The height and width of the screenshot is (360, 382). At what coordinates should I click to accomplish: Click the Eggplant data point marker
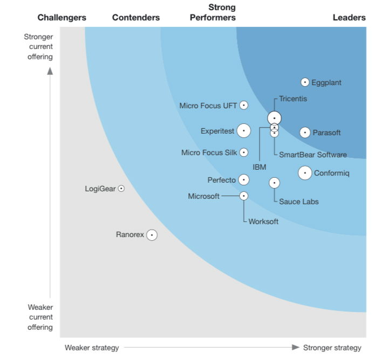click(x=305, y=82)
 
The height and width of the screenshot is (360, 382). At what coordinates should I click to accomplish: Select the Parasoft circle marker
click(x=305, y=133)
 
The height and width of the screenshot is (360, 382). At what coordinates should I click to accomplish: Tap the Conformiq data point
click(x=305, y=173)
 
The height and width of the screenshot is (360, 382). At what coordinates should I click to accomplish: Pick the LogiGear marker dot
click(x=121, y=189)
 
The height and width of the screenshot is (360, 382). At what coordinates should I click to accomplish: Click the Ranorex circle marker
click(x=152, y=235)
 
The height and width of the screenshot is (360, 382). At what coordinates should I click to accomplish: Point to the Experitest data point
click(x=244, y=130)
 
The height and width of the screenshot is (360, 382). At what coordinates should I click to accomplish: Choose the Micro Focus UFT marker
click(x=244, y=106)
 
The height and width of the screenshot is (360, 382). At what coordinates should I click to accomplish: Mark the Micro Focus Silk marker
click(x=244, y=153)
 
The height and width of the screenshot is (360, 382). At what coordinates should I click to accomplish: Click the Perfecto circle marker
click(x=244, y=179)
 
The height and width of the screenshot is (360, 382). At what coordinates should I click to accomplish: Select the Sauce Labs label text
click(x=299, y=202)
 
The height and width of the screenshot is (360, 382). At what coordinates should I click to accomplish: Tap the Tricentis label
click(x=293, y=99)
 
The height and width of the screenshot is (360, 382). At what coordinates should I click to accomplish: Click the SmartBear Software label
click(x=313, y=155)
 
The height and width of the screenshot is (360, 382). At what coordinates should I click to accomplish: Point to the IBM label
click(x=260, y=167)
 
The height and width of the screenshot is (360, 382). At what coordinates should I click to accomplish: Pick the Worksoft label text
click(x=263, y=221)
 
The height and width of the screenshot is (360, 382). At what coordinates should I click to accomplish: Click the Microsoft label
click(x=204, y=196)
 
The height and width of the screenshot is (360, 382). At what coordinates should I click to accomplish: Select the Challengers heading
click(x=62, y=18)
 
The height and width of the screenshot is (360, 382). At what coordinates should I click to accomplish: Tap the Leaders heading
click(x=349, y=18)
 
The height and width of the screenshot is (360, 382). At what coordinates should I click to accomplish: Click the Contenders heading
click(x=136, y=18)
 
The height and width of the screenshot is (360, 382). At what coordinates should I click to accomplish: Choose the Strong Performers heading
click(x=213, y=12)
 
